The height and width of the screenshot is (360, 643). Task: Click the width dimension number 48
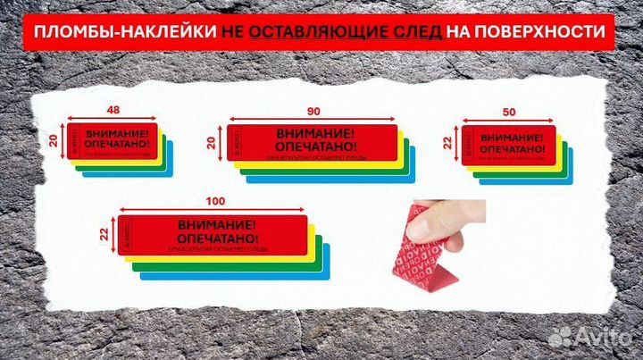[113, 111]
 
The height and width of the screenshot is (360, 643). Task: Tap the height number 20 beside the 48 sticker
[53, 140]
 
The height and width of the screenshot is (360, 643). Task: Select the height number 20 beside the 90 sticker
[212, 141]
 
